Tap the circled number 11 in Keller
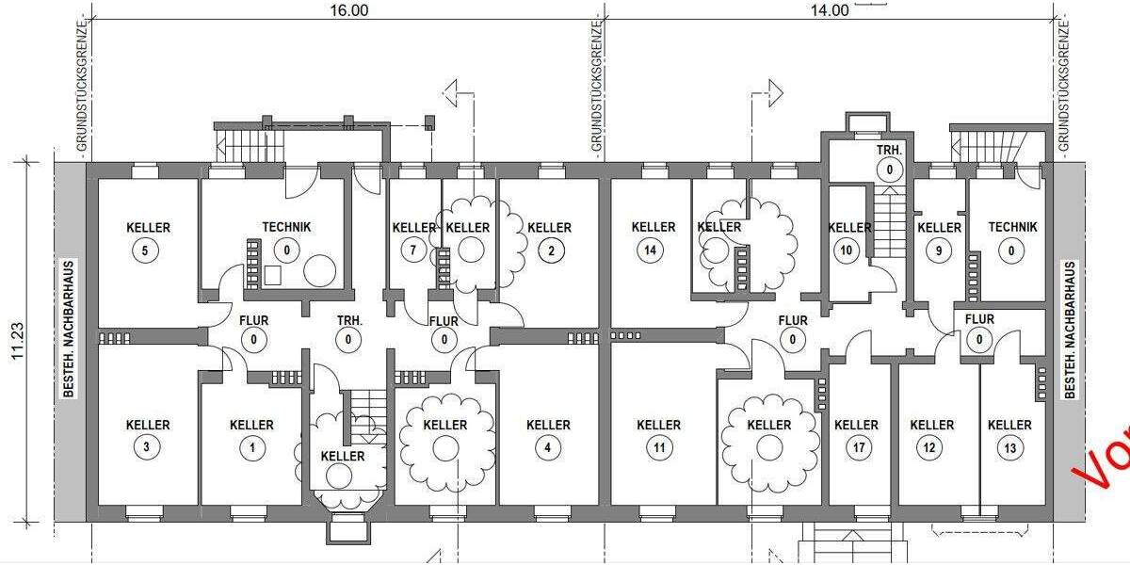(x=658, y=448)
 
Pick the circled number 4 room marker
(x=548, y=448)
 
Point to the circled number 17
(x=856, y=448)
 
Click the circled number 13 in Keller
(x=1009, y=448)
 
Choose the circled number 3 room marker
(x=148, y=448)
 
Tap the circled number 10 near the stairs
(x=847, y=250)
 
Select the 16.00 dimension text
(x=348, y=10)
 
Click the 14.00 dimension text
(x=829, y=10)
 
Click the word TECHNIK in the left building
(x=286, y=227)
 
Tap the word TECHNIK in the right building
(x=1012, y=227)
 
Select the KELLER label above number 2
(x=549, y=227)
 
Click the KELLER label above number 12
(x=931, y=425)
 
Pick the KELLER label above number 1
(x=251, y=425)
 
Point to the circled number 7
(x=412, y=250)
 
